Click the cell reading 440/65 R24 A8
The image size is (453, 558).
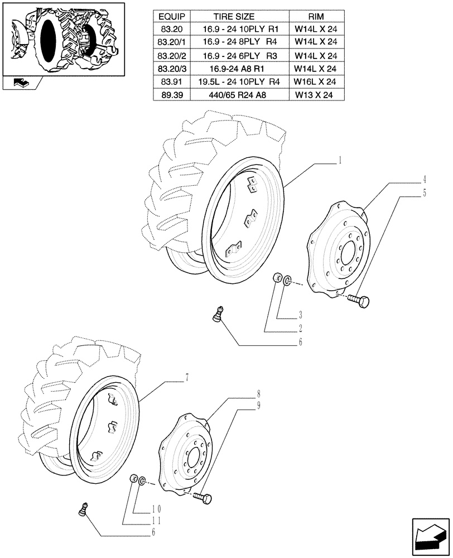tap(237, 95)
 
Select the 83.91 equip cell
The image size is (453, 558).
tap(171, 81)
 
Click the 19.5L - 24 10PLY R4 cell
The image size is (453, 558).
tap(237, 81)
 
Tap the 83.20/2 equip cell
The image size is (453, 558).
tap(171, 56)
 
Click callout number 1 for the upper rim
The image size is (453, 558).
tap(339, 161)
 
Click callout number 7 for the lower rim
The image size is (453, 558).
tap(187, 378)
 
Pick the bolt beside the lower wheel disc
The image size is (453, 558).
tap(204, 496)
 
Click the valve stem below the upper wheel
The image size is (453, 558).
tap(219, 314)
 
